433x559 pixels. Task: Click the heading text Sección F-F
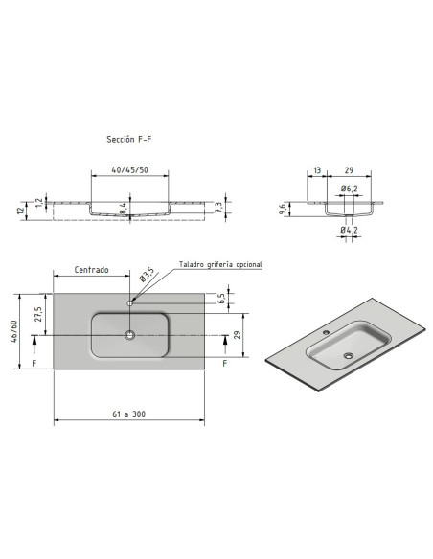pos(128,139)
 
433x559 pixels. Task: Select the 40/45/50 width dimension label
pos(129,170)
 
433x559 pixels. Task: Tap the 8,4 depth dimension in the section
pos(123,209)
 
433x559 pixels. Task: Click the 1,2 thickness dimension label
pos(39,203)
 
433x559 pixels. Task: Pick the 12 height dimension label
pos(22,211)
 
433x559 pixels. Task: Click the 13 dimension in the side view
pos(317,170)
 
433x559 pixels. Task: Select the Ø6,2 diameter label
pos(349,189)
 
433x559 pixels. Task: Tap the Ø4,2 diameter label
pos(349,230)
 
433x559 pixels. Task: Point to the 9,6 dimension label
pos(282,210)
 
